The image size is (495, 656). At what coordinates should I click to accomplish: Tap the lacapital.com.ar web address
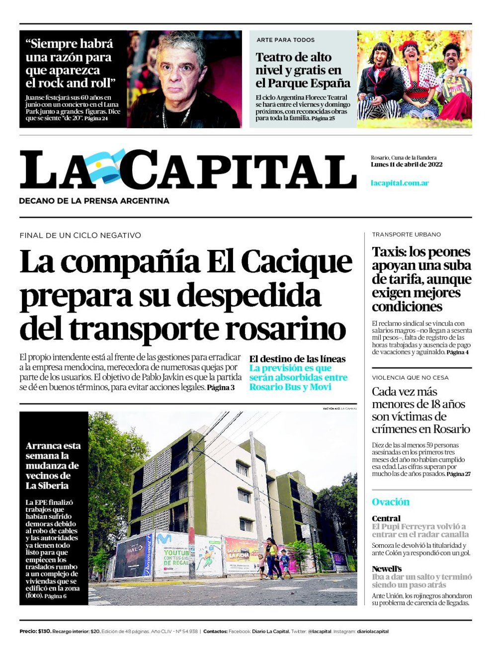(x=400, y=183)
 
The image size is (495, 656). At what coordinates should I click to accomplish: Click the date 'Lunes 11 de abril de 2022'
(x=406, y=164)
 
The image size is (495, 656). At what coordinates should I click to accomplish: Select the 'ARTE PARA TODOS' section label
(x=285, y=40)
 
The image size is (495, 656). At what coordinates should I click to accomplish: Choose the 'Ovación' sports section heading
(x=391, y=502)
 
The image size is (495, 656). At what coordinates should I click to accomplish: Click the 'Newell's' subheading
(x=387, y=569)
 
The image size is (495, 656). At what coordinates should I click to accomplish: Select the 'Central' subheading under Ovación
(x=386, y=518)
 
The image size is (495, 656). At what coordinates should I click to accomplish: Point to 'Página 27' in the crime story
(x=458, y=474)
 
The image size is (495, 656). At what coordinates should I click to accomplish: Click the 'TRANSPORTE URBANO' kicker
(x=406, y=235)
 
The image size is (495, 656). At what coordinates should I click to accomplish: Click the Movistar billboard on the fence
(x=171, y=554)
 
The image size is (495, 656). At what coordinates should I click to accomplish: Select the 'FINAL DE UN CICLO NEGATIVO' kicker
(x=80, y=235)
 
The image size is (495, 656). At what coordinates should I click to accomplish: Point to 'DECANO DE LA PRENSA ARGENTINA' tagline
(x=94, y=201)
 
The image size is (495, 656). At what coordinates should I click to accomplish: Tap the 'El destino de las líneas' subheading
(x=297, y=359)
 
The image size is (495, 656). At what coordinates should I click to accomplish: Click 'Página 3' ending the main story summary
(x=221, y=387)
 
